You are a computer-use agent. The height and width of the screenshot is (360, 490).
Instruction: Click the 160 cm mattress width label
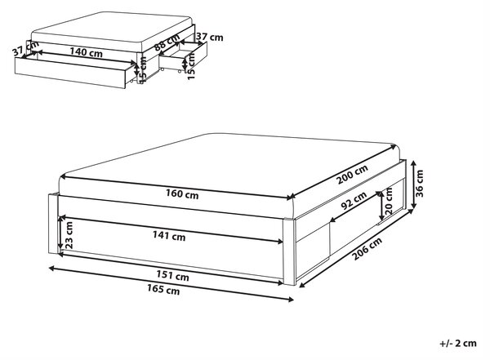coord(182,194)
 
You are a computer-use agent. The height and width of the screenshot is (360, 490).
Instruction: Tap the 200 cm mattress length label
coord(352,175)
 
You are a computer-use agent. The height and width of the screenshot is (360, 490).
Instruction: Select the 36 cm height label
coord(420,183)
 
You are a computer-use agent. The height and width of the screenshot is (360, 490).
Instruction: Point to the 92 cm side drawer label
coord(354,201)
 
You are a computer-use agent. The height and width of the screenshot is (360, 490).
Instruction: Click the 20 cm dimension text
coord(389,201)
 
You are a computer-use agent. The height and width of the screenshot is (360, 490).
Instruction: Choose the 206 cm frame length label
coord(367,249)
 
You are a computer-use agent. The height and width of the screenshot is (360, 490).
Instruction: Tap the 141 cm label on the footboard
coord(169,236)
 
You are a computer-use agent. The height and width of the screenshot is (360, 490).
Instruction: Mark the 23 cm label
coord(69,235)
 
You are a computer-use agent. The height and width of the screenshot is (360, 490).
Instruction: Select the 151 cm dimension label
coord(172,276)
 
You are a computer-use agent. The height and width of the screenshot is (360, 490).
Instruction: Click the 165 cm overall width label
coord(163,289)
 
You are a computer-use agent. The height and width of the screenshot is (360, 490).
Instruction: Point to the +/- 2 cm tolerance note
coord(458,343)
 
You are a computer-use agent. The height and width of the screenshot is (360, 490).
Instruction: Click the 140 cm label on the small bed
coord(86,52)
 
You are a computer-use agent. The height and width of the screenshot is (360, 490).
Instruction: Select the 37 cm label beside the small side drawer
coord(210,38)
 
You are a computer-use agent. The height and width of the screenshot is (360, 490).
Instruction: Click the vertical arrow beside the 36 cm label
coord(413,184)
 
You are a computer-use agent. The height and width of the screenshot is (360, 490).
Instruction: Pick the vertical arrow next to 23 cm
coord(60,233)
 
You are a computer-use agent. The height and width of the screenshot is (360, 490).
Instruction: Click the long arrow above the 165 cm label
coord(171,284)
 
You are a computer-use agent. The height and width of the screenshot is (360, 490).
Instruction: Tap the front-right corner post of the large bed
coord(289,252)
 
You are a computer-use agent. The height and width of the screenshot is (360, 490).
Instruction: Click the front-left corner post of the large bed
coord(53,224)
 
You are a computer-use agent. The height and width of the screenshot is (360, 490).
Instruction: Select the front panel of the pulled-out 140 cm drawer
coord(70,73)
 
